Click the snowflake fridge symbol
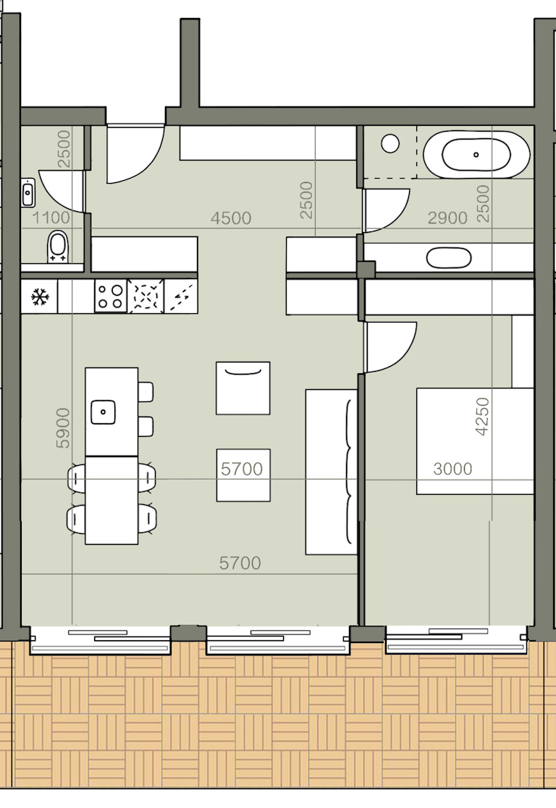pyautogui.click(x=40, y=297)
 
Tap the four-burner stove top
pyautogui.click(x=110, y=296)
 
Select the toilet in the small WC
pyautogui.click(x=57, y=247)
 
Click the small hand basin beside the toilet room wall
pyautogui.click(x=28, y=192)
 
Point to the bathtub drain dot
pyautogui.click(x=476, y=155)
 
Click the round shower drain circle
pyautogui.click(x=390, y=144)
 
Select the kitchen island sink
pyautogui.click(x=103, y=412)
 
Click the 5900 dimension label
pyautogui.click(x=62, y=428)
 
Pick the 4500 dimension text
pyautogui.click(x=230, y=218)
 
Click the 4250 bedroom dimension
pyautogui.click(x=482, y=417)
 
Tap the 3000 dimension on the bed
pyautogui.click(x=452, y=469)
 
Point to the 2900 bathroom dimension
pyautogui.click(x=447, y=218)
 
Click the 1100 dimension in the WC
pyautogui.click(x=51, y=218)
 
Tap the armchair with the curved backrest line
pyautogui.click(x=243, y=388)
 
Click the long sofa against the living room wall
pyautogui.click(x=331, y=472)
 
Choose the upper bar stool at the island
pyautogui.click(x=146, y=392)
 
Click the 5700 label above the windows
pyautogui.click(x=240, y=564)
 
